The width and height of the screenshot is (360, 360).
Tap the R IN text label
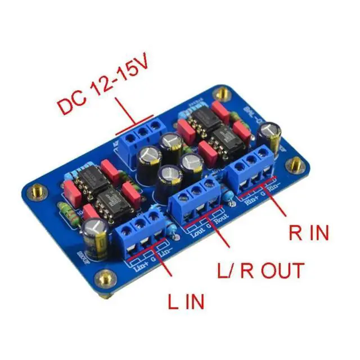[308, 232]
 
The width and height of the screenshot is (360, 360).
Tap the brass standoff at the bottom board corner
[103, 278]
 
